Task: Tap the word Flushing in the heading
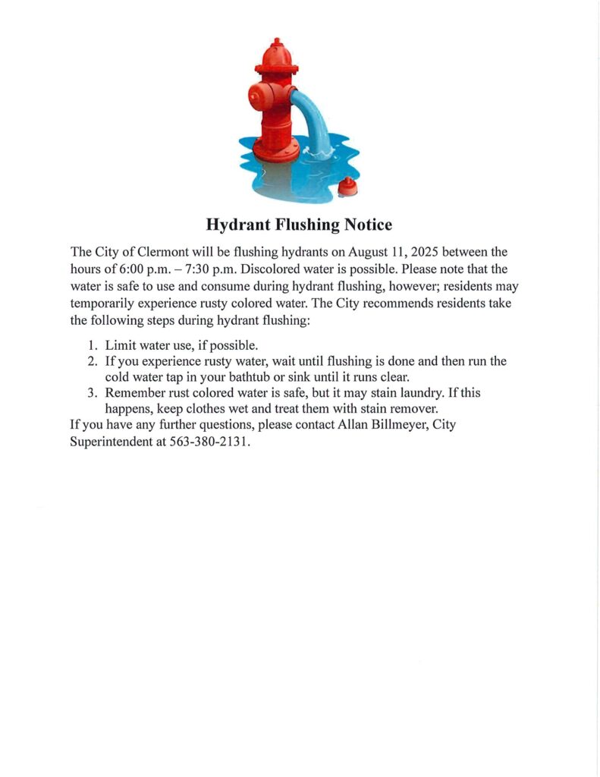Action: [x=303, y=225]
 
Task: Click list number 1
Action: [x=92, y=345]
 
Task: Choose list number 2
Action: [x=92, y=362]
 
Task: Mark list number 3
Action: [x=92, y=393]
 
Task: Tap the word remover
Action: [x=416, y=409]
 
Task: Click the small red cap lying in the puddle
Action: [x=347, y=187]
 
